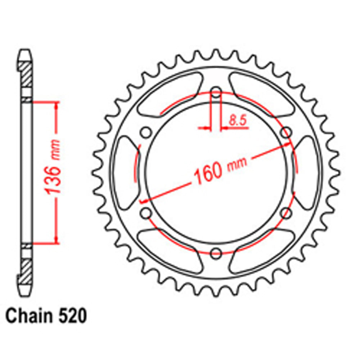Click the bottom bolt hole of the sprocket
click(216, 253)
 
